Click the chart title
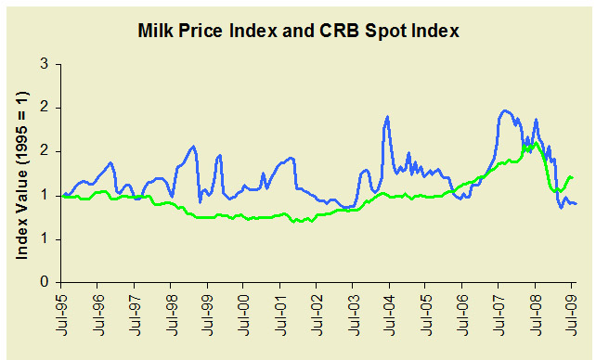pyautogui.click(x=299, y=32)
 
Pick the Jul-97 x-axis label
pyautogui.click(x=136, y=315)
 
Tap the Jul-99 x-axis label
pyautogui.click(x=208, y=315)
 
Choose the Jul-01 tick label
pyautogui.click(x=280, y=315)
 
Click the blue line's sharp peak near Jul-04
pyautogui.click(x=386, y=117)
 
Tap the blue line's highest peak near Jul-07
pyautogui.click(x=505, y=110)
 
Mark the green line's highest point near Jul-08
pyautogui.click(x=536, y=143)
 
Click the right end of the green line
pyautogui.click(x=573, y=177)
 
